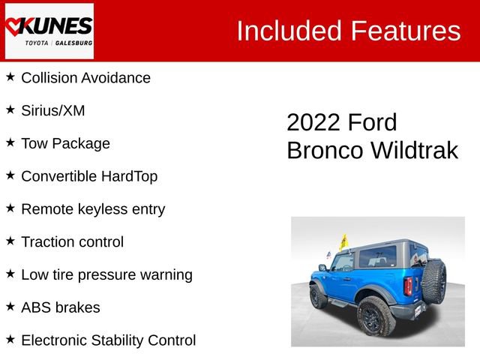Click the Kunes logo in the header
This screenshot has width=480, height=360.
click(x=49, y=31)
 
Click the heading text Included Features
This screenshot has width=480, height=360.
click(x=348, y=31)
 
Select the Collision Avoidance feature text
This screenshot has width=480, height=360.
click(x=85, y=78)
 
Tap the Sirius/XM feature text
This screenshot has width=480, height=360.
click(x=53, y=111)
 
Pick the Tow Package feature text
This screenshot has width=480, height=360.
click(x=65, y=143)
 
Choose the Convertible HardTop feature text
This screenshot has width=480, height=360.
click(x=89, y=176)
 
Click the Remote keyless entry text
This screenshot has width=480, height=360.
click(x=93, y=209)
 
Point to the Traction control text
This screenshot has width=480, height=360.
click(x=73, y=242)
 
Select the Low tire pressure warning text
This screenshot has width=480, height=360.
click(x=106, y=274)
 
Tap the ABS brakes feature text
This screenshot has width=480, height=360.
click(x=61, y=307)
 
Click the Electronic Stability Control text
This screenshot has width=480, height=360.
click(x=109, y=340)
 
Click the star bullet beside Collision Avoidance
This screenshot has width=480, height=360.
click(x=10, y=76)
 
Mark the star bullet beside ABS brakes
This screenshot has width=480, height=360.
click(x=10, y=306)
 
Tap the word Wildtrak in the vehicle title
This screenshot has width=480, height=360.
click(x=412, y=150)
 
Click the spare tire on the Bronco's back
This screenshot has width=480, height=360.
click(x=434, y=281)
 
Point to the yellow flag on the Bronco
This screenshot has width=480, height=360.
click(x=343, y=241)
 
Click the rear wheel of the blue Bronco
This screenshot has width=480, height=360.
click(x=375, y=316)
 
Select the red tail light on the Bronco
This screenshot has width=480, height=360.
click(x=408, y=286)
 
